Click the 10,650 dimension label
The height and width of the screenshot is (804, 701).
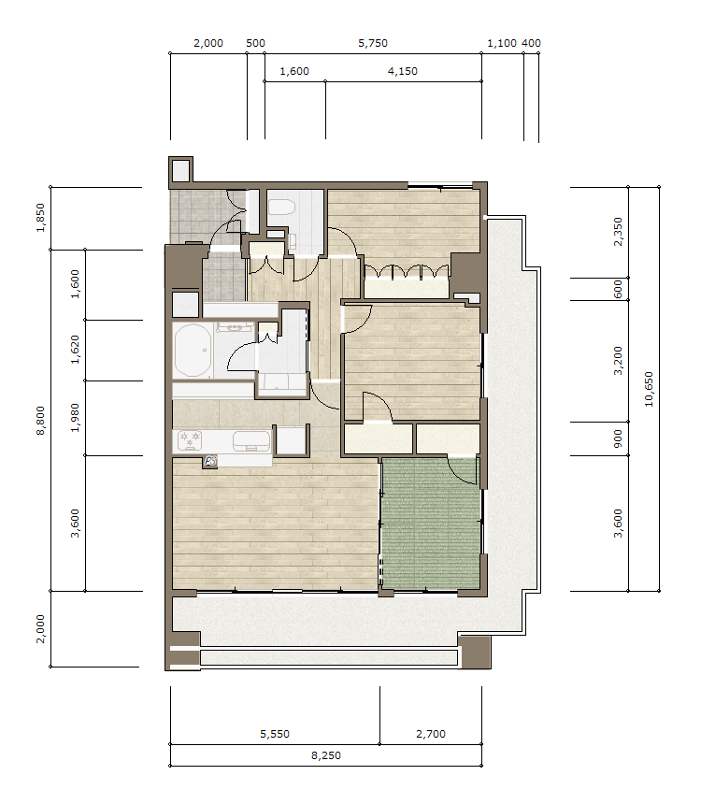[x=650, y=389]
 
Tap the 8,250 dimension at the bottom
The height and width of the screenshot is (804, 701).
[x=326, y=755]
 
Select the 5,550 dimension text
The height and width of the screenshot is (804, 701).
[x=275, y=734]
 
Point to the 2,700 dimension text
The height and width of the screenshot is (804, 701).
[x=431, y=734]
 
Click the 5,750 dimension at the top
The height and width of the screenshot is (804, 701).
[x=373, y=43]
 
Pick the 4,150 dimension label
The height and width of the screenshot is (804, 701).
[x=403, y=71]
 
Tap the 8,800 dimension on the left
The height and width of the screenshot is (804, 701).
[x=40, y=421]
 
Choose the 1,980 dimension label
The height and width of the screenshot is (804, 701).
[x=75, y=418]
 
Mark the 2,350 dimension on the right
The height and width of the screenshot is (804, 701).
[x=618, y=232]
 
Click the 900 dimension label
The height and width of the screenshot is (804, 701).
[x=618, y=438]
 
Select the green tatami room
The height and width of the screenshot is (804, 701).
[x=431, y=523]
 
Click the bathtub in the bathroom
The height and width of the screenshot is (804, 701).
[x=193, y=351]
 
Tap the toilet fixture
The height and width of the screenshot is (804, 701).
[x=281, y=207]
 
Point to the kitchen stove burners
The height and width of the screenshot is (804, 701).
[x=189, y=440]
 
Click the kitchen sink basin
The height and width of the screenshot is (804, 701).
[x=251, y=441]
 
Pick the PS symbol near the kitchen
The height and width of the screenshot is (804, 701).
[x=210, y=462]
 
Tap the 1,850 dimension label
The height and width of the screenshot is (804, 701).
[x=40, y=218]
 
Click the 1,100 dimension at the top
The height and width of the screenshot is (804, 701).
[x=502, y=43]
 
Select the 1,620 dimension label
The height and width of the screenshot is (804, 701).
[x=75, y=350]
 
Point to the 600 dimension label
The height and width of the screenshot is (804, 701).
[x=618, y=289]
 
